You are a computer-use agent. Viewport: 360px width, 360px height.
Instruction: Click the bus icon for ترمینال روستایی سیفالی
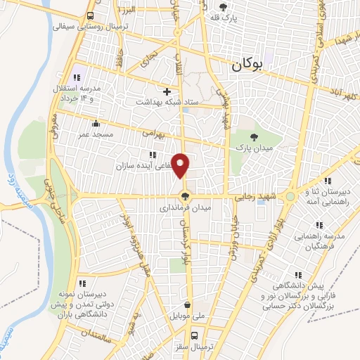(91, 15)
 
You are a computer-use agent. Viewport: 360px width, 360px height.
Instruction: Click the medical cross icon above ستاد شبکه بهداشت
(167, 91)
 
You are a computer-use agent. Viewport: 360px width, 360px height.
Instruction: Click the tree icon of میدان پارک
(254, 137)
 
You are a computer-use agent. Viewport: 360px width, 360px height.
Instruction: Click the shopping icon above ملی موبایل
(188, 305)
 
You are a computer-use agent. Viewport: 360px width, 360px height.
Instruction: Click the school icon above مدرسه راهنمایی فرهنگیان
(319, 225)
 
